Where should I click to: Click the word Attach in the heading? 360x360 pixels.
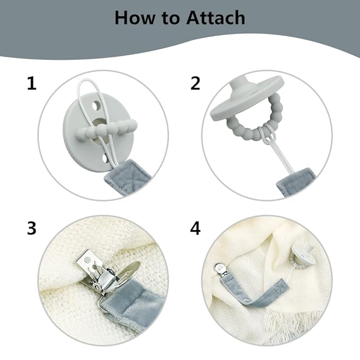click(215, 18)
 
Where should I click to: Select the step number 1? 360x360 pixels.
click(32, 83)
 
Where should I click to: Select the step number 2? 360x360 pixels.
click(196, 83)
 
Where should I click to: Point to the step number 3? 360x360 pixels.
click(32, 228)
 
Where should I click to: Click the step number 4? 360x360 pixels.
click(196, 228)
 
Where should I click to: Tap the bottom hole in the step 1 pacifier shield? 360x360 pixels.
click(104, 159)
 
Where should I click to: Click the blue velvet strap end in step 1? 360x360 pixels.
click(126, 178)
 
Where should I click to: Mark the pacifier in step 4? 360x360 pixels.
click(300, 256)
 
